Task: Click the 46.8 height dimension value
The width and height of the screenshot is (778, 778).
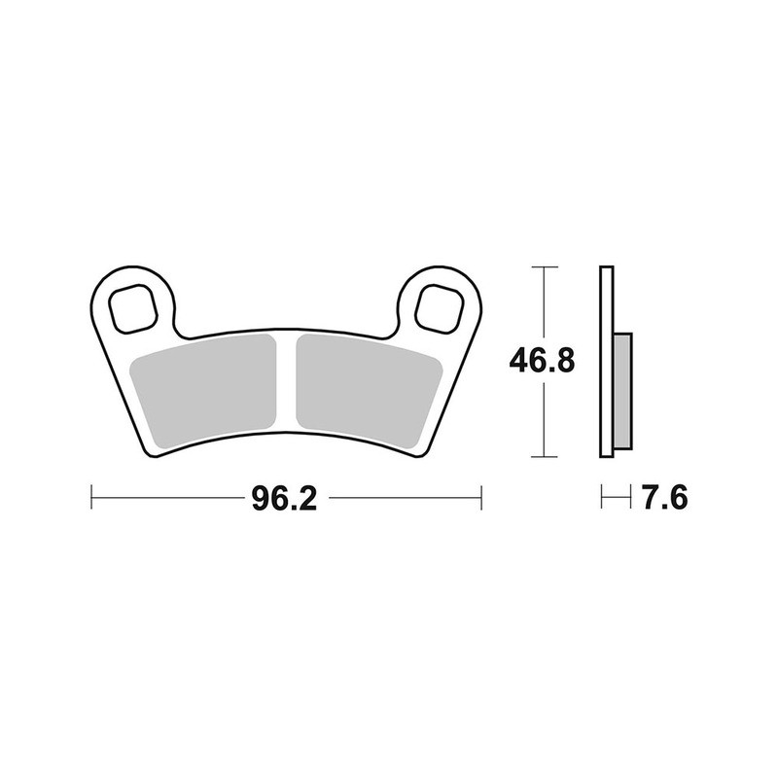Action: (x=542, y=361)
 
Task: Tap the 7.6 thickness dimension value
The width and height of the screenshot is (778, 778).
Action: (x=664, y=499)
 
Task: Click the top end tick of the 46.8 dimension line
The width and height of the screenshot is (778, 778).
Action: (x=544, y=266)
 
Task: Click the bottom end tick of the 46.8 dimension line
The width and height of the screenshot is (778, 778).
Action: (x=544, y=456)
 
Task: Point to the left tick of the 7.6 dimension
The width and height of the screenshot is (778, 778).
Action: (x=602, y=499)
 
